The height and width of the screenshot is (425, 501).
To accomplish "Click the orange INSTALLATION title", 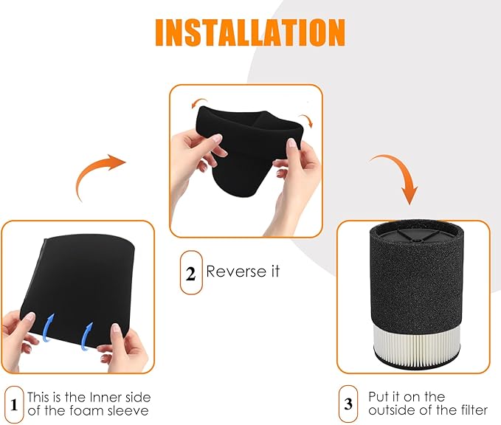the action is (x=250, y=32).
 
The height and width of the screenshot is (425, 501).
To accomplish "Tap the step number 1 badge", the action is (x=14, y=404).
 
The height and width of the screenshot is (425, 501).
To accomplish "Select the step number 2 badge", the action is (x=191, y=272).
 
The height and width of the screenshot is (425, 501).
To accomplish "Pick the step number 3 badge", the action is (x=348, y=404).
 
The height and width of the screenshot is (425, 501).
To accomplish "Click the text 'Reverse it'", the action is (x=243, y=272).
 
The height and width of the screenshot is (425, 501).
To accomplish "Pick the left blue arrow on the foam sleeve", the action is (x=48, y=328).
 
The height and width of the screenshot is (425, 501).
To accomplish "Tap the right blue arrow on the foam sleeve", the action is (x=87, y=336).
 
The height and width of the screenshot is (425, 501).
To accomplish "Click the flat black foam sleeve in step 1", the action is (x=78, y=288).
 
